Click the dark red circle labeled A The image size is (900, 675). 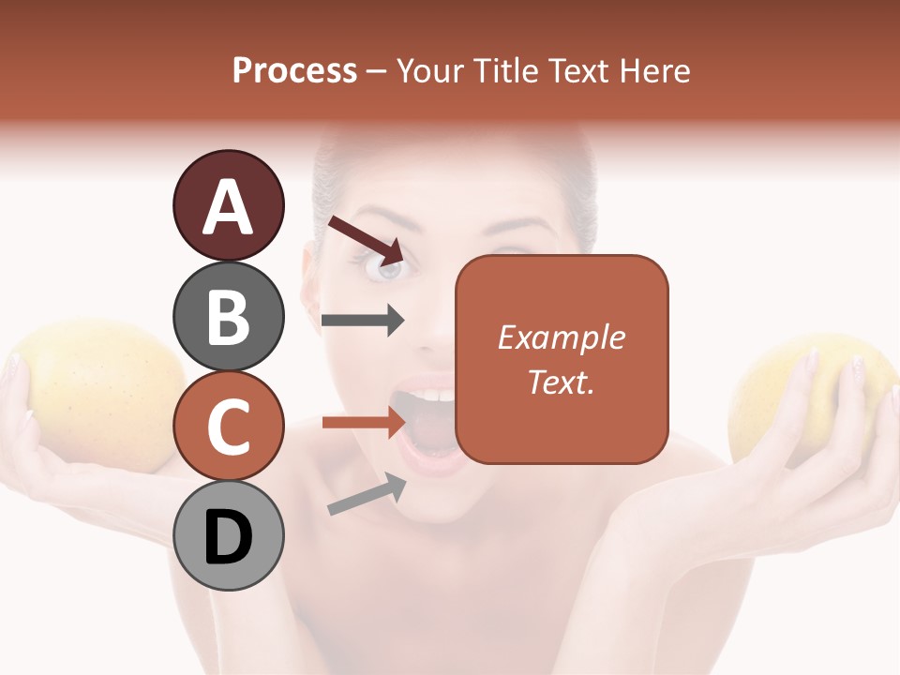click(x=228, y=205)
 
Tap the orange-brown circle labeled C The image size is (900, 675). click(x=228, y=426)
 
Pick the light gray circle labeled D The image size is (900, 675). click(x=228, y=536)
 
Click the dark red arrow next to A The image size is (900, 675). click(x=366, y=239)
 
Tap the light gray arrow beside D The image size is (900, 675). click(x=367, y=494)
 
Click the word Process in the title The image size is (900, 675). click(x=294, y=70)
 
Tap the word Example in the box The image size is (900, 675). click(x=561, y=337)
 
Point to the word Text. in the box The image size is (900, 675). click(x=561, y=382)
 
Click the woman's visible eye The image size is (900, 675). click(x=385, y=269)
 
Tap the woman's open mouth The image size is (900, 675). click(x=428, y=427)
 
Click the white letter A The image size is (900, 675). click(x=228, y=207)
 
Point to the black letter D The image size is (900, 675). click(x=228, y=537)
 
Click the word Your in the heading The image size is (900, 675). click(x=429, y=70)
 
